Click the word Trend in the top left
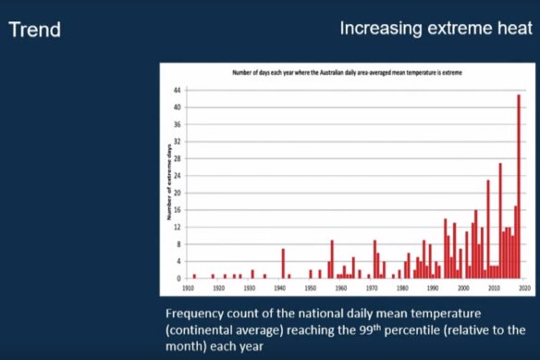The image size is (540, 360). tap(35, 30)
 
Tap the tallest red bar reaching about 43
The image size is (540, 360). tap(519, 185)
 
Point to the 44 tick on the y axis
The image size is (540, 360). tap(178, 90)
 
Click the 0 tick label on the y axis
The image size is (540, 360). tap(179, 278)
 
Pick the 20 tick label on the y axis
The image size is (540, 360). tap(178, 192)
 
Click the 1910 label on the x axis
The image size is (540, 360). tap(189, 289)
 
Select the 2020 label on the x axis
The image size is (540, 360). tap(523, 289)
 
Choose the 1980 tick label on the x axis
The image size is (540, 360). tap(401, 289)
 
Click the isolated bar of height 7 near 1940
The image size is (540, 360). tap(283, 263)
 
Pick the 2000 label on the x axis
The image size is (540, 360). tap(462, 289)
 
